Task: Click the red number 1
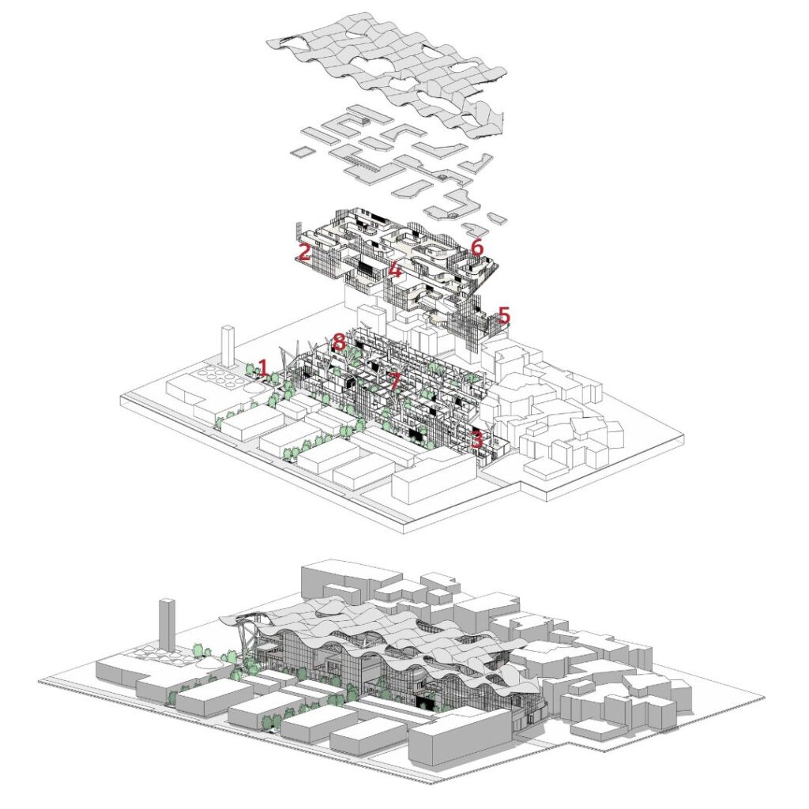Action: pyautogui.click(x=263, y=368)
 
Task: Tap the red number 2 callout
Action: pyautogui.click(x=304, y=252)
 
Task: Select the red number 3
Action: pyautogui.click(x=476, y=439)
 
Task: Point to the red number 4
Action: pyautogui.click(x=395, y=269)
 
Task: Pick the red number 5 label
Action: pyautogui.click(x=503, y=315)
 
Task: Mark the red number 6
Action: pyautogui.click(x=477, y=247)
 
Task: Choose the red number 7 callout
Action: pyautogui.click(x=393, y=382)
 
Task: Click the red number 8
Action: pyautogui.click(x=339, y=341)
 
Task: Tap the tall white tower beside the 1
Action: pyautogui.click(x=228, y=345)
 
